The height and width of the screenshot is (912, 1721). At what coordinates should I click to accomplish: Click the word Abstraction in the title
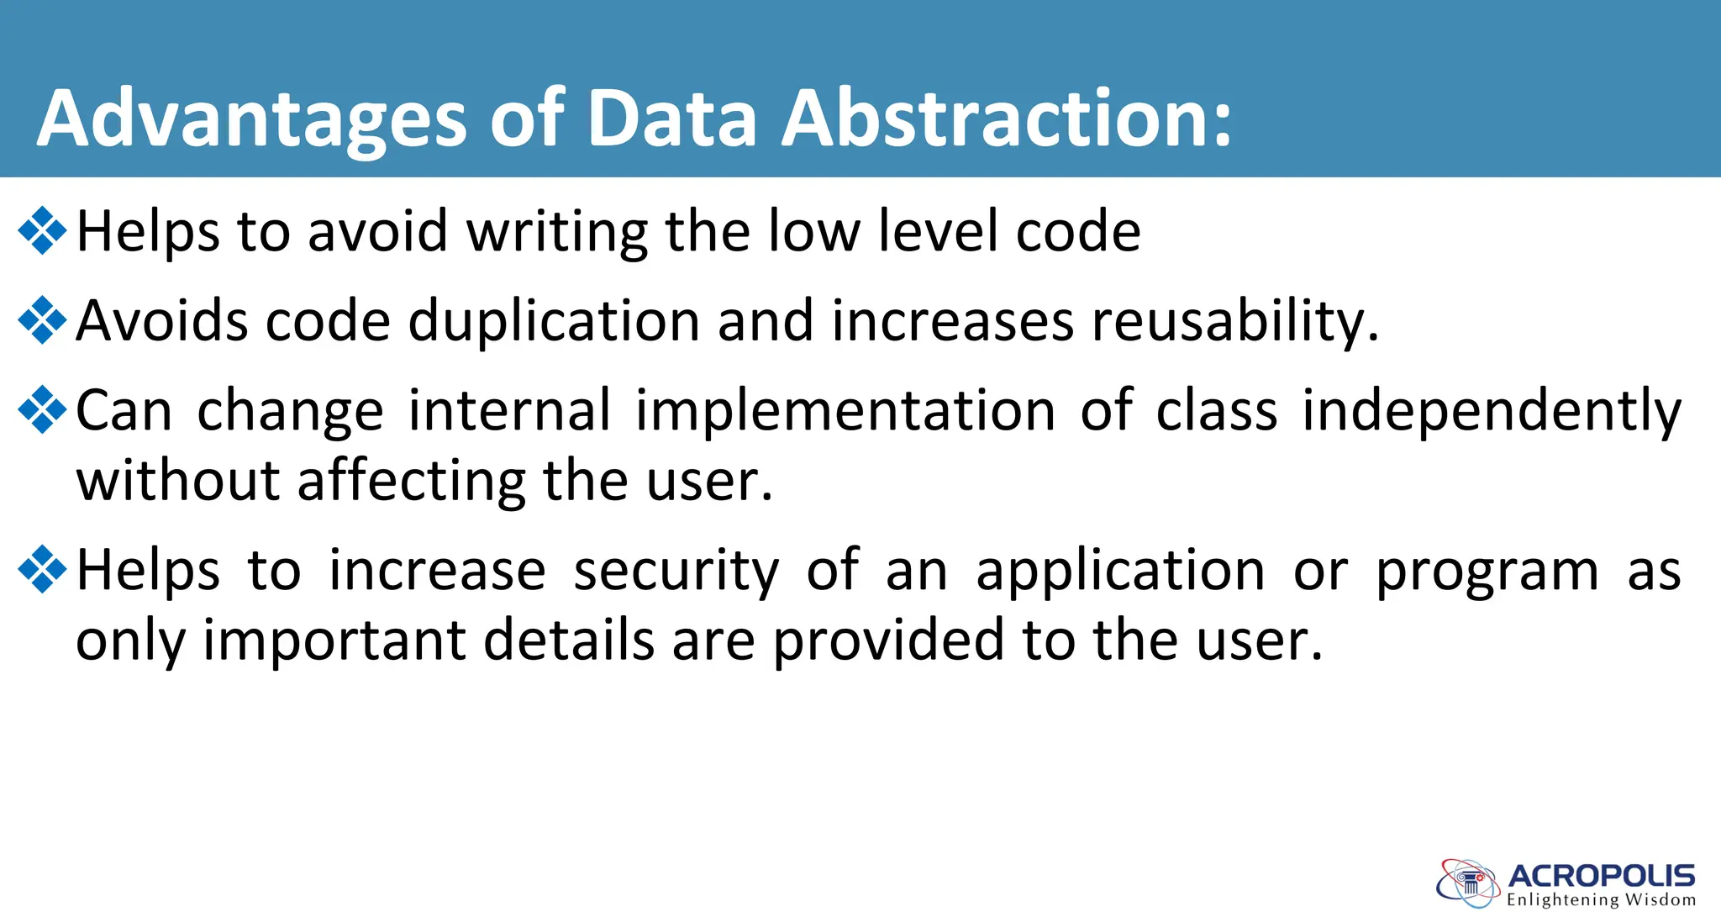(x=1007, y=119)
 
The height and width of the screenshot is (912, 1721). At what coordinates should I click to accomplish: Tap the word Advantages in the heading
(x=251, y=119)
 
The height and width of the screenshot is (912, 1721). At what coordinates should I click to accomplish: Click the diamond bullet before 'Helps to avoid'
(x=42, y=229)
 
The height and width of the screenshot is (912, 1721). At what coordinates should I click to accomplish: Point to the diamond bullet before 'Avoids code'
(x=42, y=320)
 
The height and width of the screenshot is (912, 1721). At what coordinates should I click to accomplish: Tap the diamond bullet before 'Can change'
(x=42, y=409)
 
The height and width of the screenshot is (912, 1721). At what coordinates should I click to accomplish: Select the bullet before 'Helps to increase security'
(x=42, y=569)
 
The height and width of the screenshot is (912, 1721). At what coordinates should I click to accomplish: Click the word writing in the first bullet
(x=556, y=232)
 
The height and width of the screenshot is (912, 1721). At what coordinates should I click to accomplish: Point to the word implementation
(x=845, y=411)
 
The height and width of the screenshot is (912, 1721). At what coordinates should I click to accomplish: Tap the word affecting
(x=411, y=481)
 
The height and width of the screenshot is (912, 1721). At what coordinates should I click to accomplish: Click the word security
(x=676, y=572)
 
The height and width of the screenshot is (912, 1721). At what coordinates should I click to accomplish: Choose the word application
(x=1120, y=572)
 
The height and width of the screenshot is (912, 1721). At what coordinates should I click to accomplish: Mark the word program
(x=1487, y=572)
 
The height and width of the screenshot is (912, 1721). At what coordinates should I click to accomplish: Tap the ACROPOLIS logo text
(x=1602, y=876)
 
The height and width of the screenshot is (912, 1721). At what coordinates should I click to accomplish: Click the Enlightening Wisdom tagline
(x=1601, y=900)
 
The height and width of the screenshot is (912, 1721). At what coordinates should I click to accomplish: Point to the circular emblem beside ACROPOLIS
(x=1467, y=883)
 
